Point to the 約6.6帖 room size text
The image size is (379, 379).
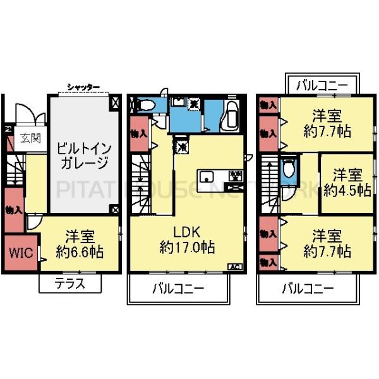pyautogui.click(x=79, y=251)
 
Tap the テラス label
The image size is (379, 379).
pyautogui.click(x=70, y=284)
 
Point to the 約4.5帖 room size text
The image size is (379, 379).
pyautogui.click(x=346, y=189)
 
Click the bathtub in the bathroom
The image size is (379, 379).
pyautogui.click(x=231, y=115)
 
